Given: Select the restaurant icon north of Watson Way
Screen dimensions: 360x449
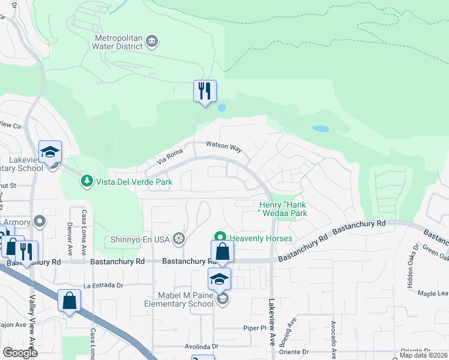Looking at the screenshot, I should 205,91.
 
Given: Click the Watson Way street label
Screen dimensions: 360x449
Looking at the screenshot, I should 223,145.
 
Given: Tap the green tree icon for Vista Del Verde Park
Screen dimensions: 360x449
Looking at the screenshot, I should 87,181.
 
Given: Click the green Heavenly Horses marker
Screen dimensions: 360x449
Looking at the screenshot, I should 220,238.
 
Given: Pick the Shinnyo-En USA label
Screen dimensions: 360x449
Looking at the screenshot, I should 140,239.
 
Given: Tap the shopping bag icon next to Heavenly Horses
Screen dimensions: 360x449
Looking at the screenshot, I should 222,251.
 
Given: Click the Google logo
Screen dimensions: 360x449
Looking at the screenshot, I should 20,352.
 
